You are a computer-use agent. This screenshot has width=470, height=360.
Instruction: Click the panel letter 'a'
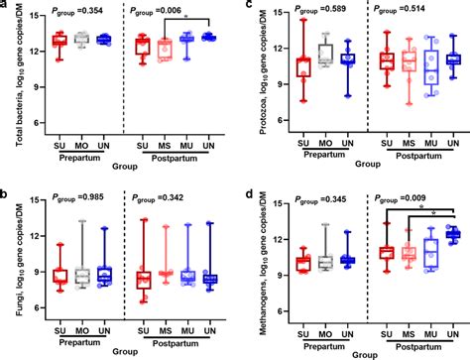pos(6,7)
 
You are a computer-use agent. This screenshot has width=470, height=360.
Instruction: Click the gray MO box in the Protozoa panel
pos(324,55)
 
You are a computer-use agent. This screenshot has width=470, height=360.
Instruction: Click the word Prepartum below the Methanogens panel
pos(323,346)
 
